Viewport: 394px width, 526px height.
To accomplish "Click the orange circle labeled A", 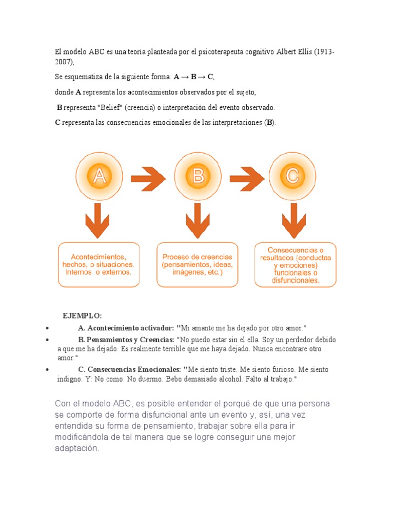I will tap(99, 176).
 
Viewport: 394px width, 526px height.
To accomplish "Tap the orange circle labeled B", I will tap(198, 176).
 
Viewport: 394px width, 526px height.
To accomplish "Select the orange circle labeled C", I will tap(292, 176).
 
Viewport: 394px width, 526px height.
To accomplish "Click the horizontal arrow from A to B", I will tap(148, 178).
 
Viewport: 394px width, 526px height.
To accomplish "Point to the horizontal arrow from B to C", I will tap(247, 178).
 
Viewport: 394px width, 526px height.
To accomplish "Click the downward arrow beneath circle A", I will tap(97, 220).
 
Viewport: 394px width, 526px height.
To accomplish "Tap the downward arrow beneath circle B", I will tap(198, 220).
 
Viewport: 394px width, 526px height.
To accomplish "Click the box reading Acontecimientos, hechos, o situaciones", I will tap(98, 265).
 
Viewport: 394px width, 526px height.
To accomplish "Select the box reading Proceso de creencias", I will tap(198, 265).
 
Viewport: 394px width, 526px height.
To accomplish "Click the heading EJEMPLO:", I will tap(82, 315).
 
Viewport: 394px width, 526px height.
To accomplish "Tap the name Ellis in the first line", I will tap(303, 52).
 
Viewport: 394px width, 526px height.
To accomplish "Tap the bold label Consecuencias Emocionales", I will tap(134, 369).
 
